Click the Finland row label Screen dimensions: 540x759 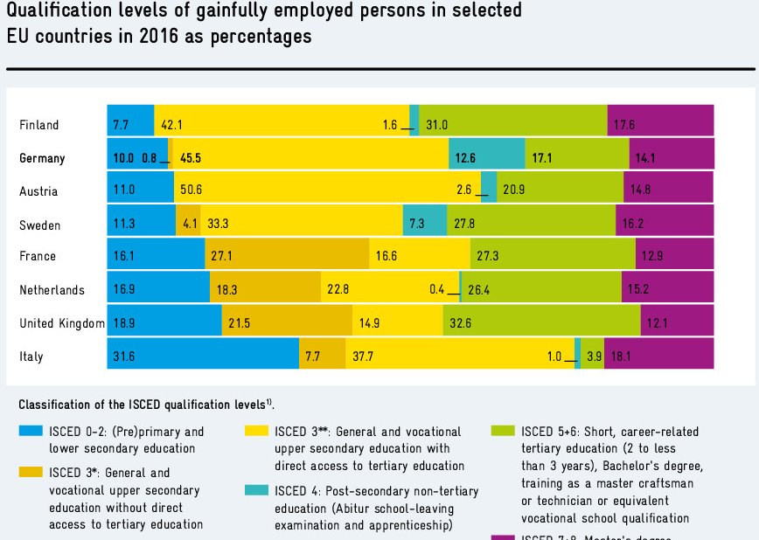click(39, 125)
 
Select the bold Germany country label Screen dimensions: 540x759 click(42, 158)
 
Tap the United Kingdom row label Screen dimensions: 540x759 click(62, 323)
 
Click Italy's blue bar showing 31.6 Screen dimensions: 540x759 click(203, 357)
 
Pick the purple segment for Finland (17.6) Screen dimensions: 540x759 click(661, 125)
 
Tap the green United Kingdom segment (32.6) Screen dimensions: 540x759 click(541, 323)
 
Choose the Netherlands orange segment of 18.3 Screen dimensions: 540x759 click(264, 289)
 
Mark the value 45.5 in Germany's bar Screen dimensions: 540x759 click(191, 158)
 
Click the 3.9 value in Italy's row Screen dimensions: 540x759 click(595, 357)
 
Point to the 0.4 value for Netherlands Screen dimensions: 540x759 click(437, 289)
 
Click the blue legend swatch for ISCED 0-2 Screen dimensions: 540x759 click(31, 431)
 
